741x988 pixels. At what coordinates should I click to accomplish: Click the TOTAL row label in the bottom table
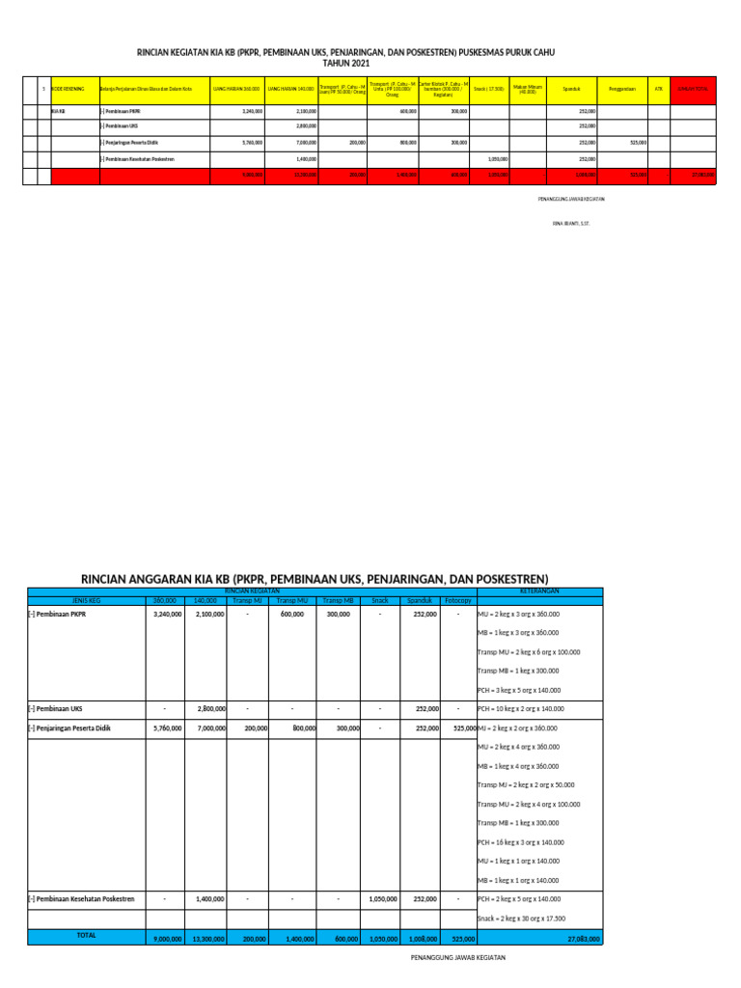[x=86, y=936]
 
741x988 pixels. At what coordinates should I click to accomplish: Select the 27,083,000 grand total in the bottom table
[x=581, y=937]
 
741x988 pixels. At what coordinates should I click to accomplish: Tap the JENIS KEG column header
[x=86, y=599]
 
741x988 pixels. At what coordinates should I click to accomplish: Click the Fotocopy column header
[x=445, y=599]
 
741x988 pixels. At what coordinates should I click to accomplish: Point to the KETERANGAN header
[x=539, y=590]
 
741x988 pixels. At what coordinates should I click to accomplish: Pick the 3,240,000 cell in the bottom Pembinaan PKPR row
[x=168, y=614]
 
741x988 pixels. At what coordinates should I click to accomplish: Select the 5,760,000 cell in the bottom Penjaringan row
[x=168, y=728]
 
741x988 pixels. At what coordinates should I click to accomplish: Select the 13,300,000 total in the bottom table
[x=206, y=937]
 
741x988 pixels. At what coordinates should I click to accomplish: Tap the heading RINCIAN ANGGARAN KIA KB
[x=315, y=578]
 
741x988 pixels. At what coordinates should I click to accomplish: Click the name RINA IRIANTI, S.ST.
[x=570, y=223]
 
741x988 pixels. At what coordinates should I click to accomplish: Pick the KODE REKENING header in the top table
[x=68, y=89]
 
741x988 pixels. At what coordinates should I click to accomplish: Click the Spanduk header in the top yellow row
[x=571, y=89]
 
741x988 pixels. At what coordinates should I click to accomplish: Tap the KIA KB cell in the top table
[x=58, y=111]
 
